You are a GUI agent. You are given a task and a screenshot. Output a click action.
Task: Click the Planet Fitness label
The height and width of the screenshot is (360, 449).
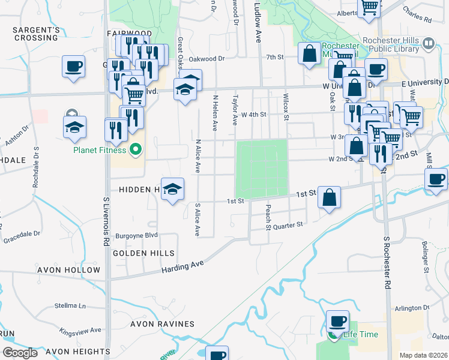coord(100,150)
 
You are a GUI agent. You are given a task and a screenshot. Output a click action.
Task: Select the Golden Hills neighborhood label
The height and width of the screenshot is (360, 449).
coord(143,254)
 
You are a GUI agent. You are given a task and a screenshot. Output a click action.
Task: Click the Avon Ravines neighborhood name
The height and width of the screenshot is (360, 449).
coord(163,324)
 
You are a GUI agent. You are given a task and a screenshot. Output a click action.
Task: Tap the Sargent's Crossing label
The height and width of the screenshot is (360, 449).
coord(36,34)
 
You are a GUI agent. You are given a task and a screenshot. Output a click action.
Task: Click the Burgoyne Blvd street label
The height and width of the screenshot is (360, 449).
coord(136,236)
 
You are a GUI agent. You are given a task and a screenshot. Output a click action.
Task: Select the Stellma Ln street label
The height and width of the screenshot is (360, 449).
coord(70,305)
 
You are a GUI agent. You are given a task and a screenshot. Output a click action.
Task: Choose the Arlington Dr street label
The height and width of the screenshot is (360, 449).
coord(412,308)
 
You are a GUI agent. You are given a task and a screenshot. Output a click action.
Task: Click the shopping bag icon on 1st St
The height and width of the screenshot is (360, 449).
coord(330,198)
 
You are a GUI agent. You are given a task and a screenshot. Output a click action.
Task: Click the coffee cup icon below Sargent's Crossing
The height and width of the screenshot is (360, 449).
coord(73,67)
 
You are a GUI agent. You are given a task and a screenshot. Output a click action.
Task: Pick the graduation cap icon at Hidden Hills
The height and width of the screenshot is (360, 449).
coord(172,190)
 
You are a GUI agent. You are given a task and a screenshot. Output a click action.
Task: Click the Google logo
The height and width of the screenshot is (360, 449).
coord(20,353)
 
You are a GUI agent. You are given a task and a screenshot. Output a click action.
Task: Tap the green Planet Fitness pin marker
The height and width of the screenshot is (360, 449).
coord(135,149)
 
